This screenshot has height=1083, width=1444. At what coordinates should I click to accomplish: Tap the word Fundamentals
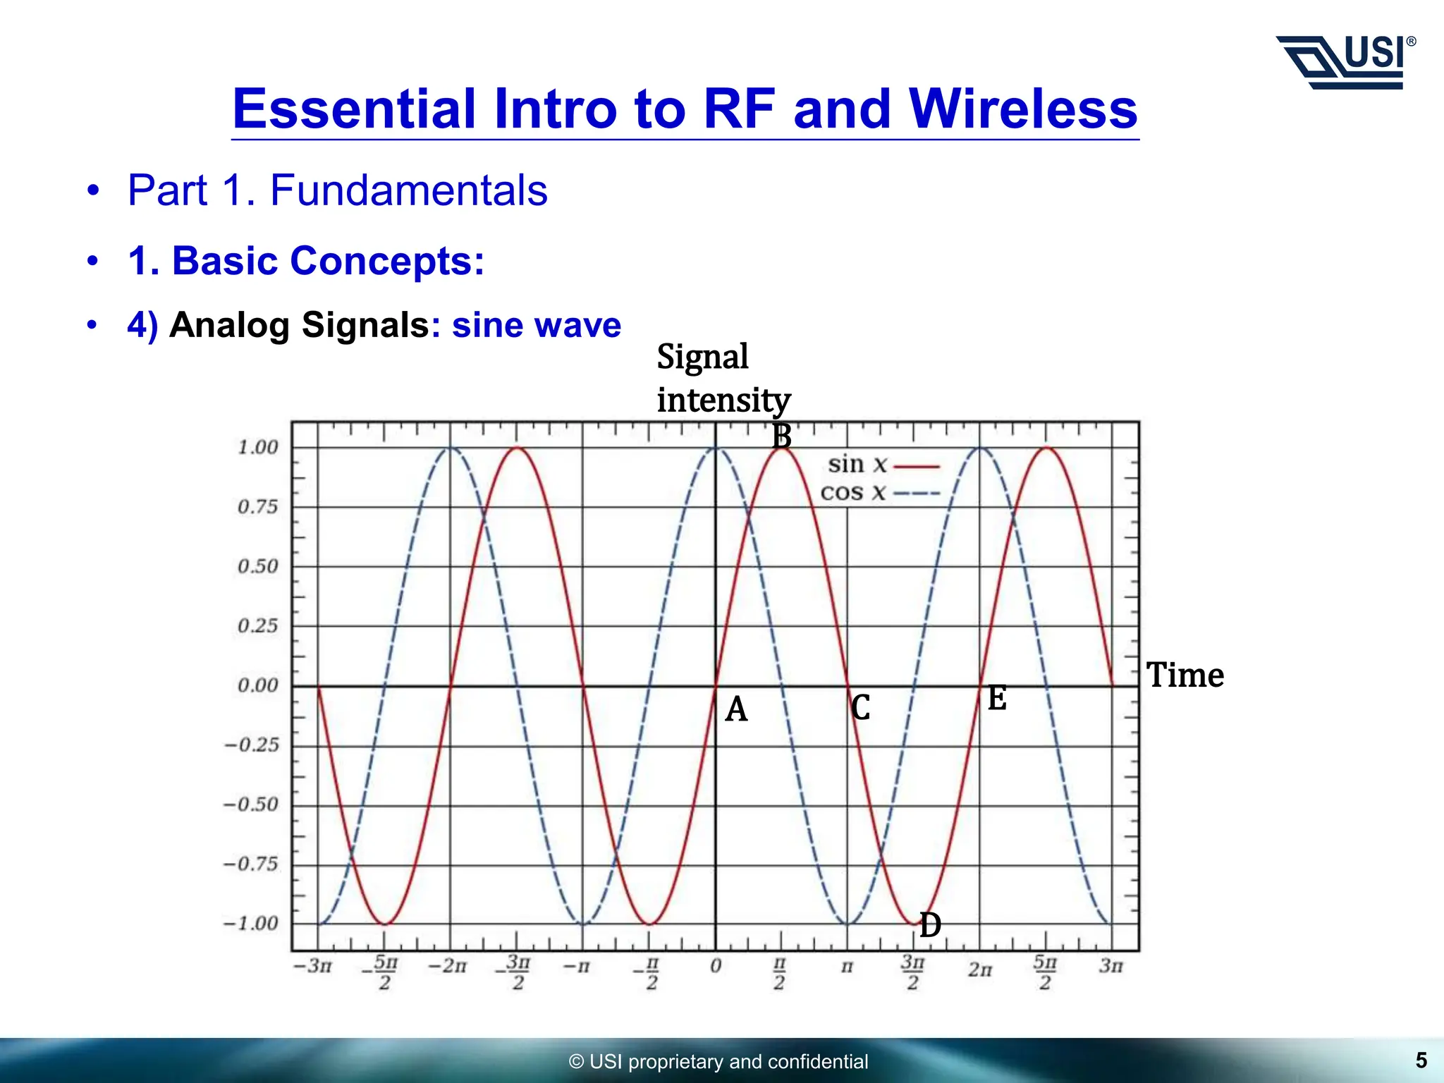[408, 190]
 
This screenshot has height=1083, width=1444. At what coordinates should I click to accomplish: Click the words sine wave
[536, 325]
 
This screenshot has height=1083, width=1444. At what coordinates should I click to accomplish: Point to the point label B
[781, 436]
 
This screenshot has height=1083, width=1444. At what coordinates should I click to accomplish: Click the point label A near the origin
[736, 709]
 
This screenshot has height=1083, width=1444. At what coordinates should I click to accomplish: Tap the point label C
[860, 707]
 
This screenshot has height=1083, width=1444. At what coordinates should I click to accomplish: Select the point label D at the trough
[930, 925]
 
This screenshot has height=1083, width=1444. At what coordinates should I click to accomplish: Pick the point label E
[996, 699]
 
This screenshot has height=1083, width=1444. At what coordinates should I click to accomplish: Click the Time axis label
[1185, 675]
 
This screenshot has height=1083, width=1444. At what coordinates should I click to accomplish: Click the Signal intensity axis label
[723, 379]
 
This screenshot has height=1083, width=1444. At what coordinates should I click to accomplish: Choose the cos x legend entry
[879, 493]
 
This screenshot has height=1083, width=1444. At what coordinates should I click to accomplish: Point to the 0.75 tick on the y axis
[257, 507]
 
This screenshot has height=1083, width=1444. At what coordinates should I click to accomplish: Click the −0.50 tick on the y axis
[252, 804]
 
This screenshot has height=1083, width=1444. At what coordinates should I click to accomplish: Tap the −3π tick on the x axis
[312, 966]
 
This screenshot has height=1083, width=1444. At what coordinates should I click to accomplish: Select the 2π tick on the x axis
[979, 969]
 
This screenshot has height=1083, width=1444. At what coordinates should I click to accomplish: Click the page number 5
[1421, 1060]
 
